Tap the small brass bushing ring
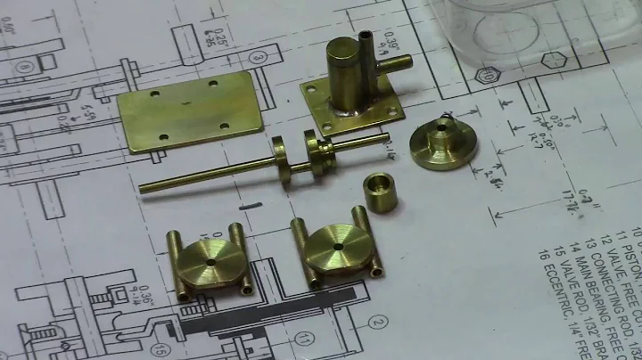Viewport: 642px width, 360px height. click(x=380, y=193)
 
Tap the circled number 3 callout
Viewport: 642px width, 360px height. click(x=258, y=58)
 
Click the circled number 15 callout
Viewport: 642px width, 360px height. click(x=161, y=350)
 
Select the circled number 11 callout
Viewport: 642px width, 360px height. click(x=305, y=339)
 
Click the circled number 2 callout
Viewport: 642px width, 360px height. click(x=380, y=322)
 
